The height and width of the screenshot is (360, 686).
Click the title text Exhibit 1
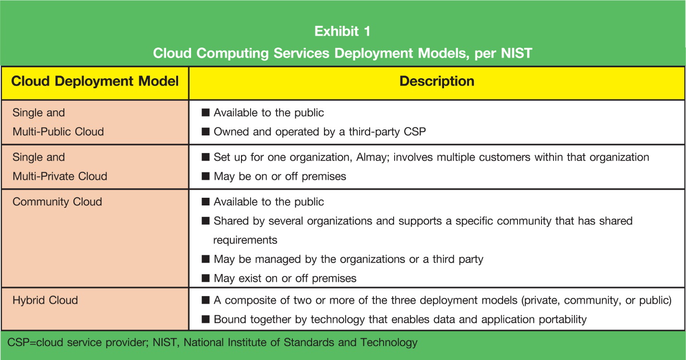(x=342, y=31)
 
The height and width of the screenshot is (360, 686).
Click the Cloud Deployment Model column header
(x=95, y=81)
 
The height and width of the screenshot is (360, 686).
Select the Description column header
(x=436, y=81)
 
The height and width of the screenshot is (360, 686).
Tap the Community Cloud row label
(x=57, y=202)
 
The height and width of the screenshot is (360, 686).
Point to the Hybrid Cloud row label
(x=45, y=300)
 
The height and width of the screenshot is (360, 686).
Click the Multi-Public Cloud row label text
(x=58, y=132)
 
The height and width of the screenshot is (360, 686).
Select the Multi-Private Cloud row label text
(x=60, y=176)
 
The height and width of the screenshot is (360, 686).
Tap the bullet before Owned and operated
(x=206, y=132)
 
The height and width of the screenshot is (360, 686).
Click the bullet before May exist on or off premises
(x=206, y=278)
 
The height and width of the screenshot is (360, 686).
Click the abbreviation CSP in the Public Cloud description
(x=414, y=132)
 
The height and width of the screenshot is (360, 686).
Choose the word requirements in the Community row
(x=245, y=240)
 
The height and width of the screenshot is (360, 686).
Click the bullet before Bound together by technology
(x=206, y=319)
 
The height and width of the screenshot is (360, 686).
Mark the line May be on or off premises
(x=279, y=176)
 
